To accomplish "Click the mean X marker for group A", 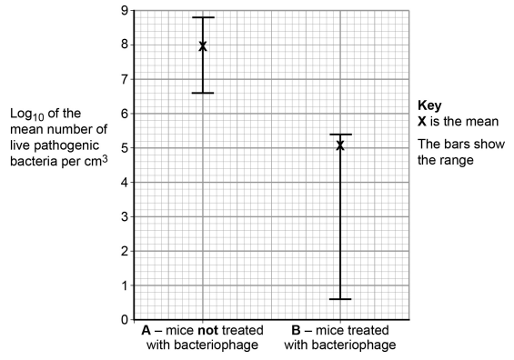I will [x=203, y=45].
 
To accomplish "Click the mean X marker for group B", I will [x=340, y=145].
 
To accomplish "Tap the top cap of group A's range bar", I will [x=203, y=17].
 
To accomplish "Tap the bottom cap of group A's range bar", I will [x=203, y=93].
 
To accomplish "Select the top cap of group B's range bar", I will [x=340, y=135].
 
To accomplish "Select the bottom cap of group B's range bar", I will [x=340, y=299].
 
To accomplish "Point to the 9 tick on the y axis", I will [x=124, y=11].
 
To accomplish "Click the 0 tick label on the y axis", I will [x=124, y=320].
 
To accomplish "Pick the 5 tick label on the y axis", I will [x=124, y=148].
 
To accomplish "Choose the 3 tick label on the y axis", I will [x=124, y=217].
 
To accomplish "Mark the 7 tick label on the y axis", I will [x=124, y=80].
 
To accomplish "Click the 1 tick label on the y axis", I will [x=124, y=285].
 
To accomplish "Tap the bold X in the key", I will [x=422, y=121].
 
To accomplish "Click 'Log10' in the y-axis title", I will [x=27, y=114].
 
